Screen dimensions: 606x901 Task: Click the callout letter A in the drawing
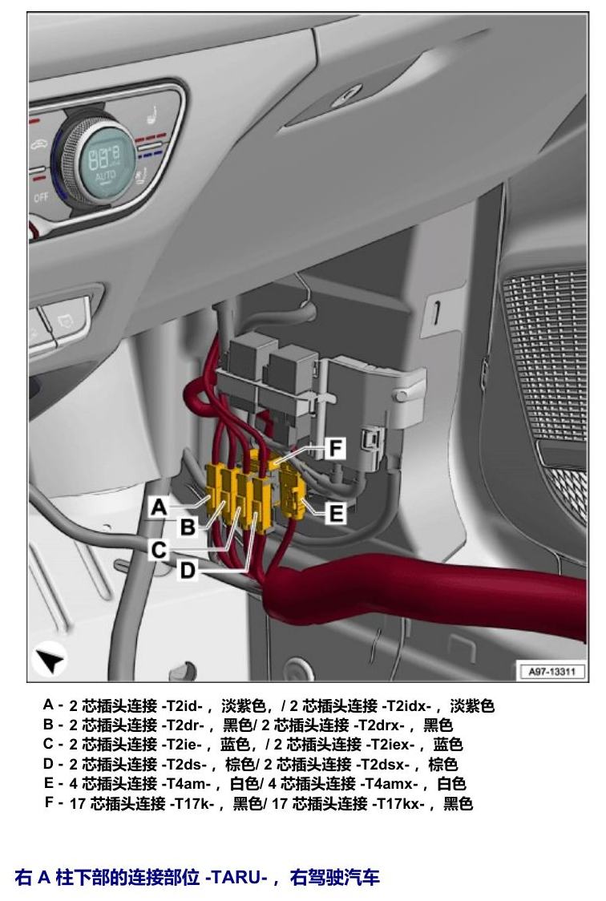[159, 507]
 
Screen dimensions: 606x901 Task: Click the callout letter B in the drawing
[188, 527]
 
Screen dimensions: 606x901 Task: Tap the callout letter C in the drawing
[159, 550]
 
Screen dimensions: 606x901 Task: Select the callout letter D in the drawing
[188, 571]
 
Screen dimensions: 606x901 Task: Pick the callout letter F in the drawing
[335, 448]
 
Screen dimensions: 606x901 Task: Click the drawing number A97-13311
[551, 671]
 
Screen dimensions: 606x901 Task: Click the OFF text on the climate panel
[41, 198]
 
